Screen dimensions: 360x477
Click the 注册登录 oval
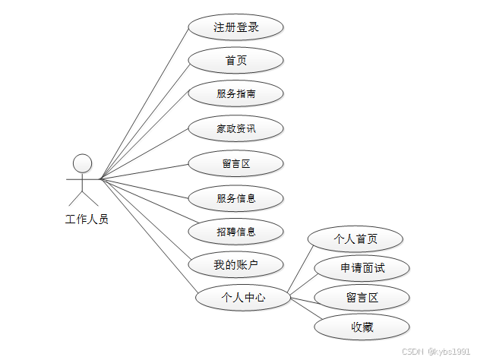(235, 27)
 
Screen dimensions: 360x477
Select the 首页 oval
(235, 61)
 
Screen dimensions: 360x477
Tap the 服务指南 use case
(235, 94)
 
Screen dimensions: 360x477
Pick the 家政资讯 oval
(235, 128)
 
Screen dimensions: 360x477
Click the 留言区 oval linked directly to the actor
(235, 163)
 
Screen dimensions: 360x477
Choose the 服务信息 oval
(235, 198)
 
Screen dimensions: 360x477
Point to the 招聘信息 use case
(235, 232)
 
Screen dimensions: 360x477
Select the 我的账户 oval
(235, 265)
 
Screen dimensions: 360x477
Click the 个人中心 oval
(243, 298)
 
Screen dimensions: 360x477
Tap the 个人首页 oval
(355, 239)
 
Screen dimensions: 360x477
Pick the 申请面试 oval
(362, 267)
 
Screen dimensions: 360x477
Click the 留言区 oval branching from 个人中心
(362, 297)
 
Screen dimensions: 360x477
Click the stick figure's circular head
(82, 163)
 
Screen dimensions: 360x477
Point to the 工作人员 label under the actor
(87, 220)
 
